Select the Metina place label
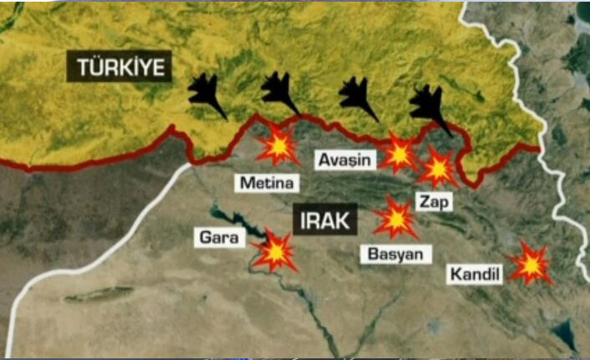[x=267, y=182]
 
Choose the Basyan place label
[x=396, y=252]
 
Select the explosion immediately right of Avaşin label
[x=398, y=155]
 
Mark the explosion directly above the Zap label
[x=436, y=169]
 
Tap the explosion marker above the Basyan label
[x=394, y=218]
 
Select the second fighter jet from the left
[x=280, y=93]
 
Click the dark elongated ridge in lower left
[x=99, y=294]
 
